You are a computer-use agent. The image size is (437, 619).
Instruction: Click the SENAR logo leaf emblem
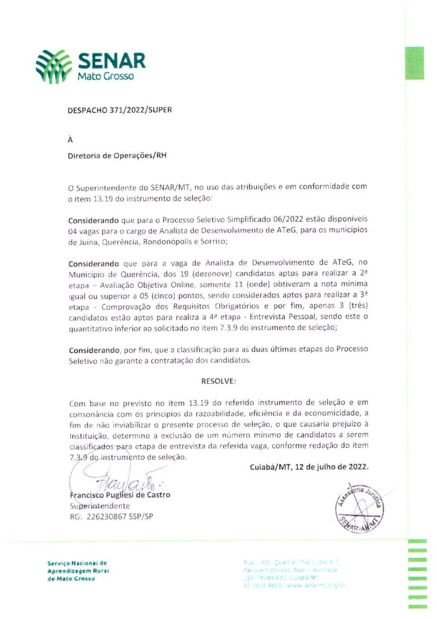(x=54, y=65)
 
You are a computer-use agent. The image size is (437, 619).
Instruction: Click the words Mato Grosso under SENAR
(x=106, y=77)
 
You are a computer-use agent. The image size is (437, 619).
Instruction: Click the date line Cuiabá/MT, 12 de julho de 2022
(x=308, y=467)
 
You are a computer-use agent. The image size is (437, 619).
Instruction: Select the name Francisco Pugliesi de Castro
(x=120, y=494)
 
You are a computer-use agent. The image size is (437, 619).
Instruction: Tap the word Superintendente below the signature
(x=100, y=505)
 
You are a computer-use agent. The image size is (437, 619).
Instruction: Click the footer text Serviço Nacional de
(x=77, y=563)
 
